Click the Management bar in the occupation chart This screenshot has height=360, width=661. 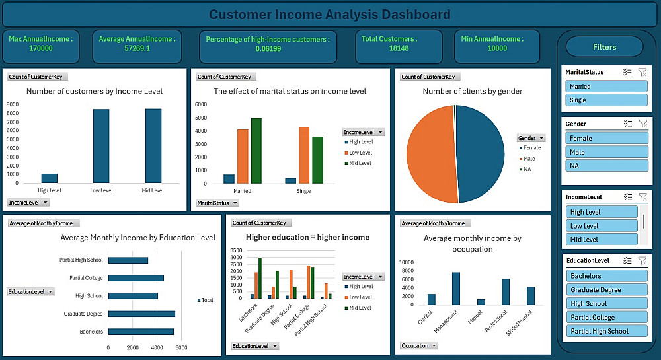[455, 288]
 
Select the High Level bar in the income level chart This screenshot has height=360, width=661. [50, 178]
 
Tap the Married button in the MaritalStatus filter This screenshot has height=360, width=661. [606, 86]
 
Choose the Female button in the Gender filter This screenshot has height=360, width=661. [606, 138]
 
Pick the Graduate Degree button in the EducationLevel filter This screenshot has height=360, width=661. [606, 290]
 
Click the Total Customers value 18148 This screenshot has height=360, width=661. [398, 48]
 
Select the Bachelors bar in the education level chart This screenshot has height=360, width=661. [141, 332]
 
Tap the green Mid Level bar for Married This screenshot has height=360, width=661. [256, 151]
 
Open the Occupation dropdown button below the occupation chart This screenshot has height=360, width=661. [420, 345]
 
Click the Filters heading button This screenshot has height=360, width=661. [604, 47]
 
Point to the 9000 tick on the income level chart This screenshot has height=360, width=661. [13, 104]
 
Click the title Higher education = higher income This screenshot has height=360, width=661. [307, 237]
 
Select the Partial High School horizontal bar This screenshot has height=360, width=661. [128, 260]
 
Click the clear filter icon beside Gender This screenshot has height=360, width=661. [642, 124]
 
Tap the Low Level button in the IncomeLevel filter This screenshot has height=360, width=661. [602, 226]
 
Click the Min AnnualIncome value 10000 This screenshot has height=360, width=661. [497, 48]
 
